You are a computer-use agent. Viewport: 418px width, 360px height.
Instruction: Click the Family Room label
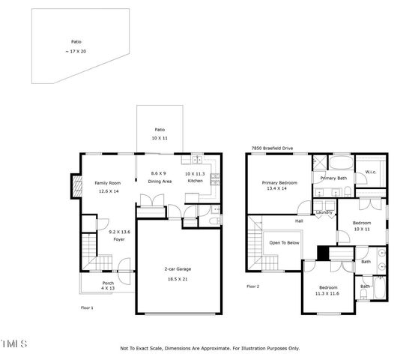tap(107, 183)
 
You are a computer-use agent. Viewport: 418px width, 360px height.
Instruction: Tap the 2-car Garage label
tap(180, 269)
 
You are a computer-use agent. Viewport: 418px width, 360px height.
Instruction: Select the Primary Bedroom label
tap(279, 182)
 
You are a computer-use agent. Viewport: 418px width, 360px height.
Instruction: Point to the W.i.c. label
tap(370, 172)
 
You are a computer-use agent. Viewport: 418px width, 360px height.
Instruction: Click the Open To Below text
tap(284, 242)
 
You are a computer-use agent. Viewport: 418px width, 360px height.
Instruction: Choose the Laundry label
tap(324, 212)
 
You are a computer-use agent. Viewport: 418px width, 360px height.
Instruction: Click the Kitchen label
tap(195, 181)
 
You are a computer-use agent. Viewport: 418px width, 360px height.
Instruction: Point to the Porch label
tap(108, 283)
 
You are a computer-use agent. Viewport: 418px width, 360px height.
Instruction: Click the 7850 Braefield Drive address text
tap(276, 148)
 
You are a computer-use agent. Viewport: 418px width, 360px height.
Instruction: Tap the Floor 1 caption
tap(87, 308)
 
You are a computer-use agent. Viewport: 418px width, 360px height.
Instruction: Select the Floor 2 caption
tap(252, 286)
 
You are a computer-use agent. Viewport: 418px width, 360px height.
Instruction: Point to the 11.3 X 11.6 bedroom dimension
tap(328, 294)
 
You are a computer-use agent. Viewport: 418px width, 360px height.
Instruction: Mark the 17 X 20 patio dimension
tap(76, 51)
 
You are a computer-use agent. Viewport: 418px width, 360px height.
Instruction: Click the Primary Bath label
tap(333, 178)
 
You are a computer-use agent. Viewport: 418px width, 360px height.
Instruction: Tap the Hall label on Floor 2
tap(298, 221)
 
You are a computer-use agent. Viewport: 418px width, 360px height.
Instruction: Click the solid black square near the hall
tap(323, 253)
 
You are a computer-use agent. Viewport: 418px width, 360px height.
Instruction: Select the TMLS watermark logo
tap(14, 344)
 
